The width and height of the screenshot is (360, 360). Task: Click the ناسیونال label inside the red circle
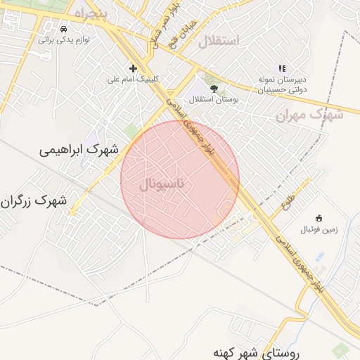163,185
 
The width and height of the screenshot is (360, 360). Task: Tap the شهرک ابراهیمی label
79,150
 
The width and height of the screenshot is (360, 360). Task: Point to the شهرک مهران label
310,114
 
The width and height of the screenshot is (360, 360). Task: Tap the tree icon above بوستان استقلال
214,88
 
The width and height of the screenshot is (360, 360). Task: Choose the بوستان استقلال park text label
214,100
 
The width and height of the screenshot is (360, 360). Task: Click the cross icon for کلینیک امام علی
133,68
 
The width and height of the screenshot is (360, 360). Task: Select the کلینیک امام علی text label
133,79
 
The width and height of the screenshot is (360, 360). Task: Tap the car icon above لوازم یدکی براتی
64,30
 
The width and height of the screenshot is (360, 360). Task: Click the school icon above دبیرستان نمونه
282,68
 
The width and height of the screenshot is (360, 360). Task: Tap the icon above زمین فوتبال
319,218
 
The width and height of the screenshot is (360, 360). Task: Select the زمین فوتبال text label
319,230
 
